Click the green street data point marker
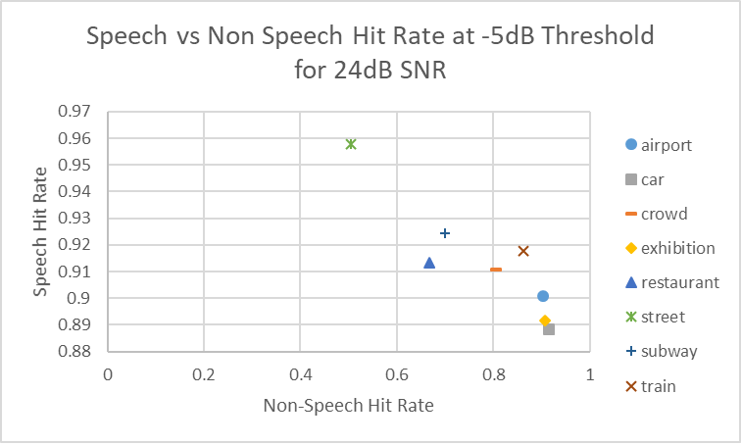[x=351, y=144]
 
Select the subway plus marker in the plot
[x=445, y=233]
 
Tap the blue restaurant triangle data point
[x=429, y=263]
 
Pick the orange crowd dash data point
[x=496, y=270]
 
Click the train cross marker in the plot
[x=523, y=251]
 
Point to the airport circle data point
[x=543, y=296]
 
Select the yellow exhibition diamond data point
[x=545, y=321]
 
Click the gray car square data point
[x=549, y=329]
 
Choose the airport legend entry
[x=666, y=145]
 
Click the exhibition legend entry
[x=676, y=248]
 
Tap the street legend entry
[x=663, y=317]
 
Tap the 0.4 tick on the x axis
[x=300, y=374]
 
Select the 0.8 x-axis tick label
[x=493, y=374]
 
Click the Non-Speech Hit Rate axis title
[x=348, y=404]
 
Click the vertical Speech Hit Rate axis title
[x=40, y=231]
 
